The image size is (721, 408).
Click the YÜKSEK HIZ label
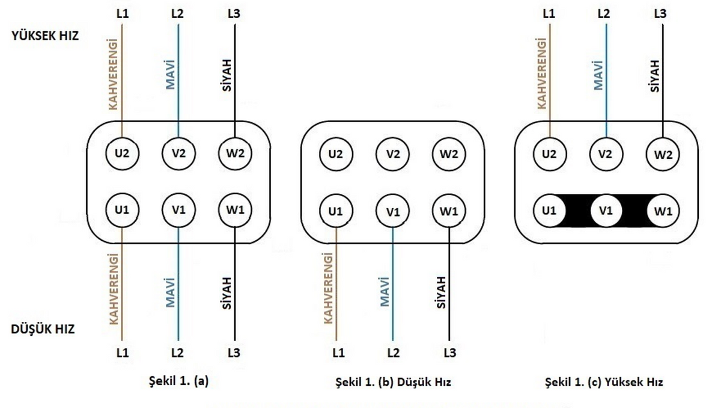tap(45, 36)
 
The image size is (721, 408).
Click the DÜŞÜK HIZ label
tap(43, 329)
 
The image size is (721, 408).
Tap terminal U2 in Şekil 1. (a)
tap(122, 153)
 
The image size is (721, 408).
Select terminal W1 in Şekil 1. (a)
tap(235, 210)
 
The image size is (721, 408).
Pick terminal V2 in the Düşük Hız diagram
tap(392, 154)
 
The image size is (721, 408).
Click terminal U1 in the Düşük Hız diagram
tap(336, 211)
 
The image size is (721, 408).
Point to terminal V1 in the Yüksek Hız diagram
tap(606, 211)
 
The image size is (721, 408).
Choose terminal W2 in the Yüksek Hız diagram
tap(663, 155)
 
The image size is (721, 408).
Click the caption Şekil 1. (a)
tap(178, 382)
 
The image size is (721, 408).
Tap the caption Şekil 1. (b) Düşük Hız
tap(393, 382)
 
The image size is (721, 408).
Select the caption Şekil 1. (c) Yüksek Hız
tap(604, 382)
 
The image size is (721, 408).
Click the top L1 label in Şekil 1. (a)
tap(123, 14)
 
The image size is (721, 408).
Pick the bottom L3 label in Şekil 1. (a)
tap(234, 353)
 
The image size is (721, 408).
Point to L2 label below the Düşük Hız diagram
tap(393, 353)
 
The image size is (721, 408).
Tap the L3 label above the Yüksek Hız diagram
tap(660, 13)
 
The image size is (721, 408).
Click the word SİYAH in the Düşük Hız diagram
tap(441, 292)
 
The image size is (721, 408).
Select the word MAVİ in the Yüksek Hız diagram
tap(598, 75)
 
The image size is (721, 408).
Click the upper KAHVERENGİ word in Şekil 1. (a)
tap(113, 74)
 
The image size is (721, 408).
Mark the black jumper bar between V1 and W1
tap(634, 211)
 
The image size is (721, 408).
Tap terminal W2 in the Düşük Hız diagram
tap(449, 154)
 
